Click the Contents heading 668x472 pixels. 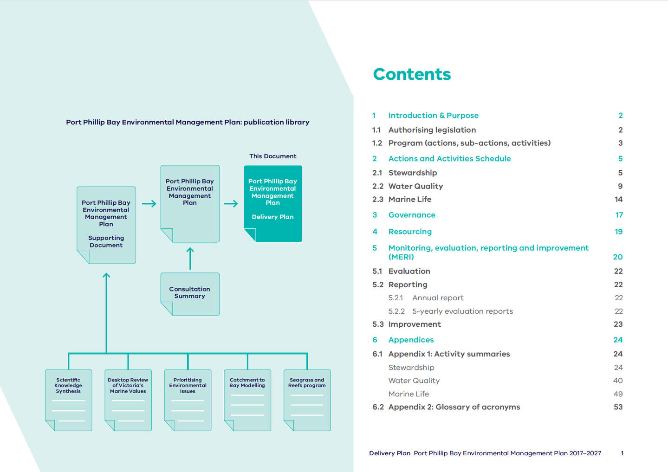(412, 74)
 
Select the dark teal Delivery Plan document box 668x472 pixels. (273, 203)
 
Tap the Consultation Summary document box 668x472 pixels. (190, 293)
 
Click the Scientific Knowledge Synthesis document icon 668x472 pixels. (68, 400)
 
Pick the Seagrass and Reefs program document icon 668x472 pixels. (307, 400)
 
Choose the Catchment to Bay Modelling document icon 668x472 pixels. (247, 400)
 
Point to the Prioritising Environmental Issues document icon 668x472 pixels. (188, 400)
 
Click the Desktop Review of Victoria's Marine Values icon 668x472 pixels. (128, 400)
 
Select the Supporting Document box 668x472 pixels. (106, 225)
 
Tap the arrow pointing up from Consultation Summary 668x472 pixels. (190, 259)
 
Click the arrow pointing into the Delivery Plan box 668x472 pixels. (231, 203)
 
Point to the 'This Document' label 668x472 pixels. (272, 156)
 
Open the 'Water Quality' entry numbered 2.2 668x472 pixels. (415, 186)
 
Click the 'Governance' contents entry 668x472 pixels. (412, 215)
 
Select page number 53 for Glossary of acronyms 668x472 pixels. (618, 407)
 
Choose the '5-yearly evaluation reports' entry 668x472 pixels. (462, 311)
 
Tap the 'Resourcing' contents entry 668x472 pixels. (410, 232)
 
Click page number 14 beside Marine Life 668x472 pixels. (618, 199)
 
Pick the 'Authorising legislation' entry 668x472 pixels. (432, 130)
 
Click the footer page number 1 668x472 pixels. (622, 453)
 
